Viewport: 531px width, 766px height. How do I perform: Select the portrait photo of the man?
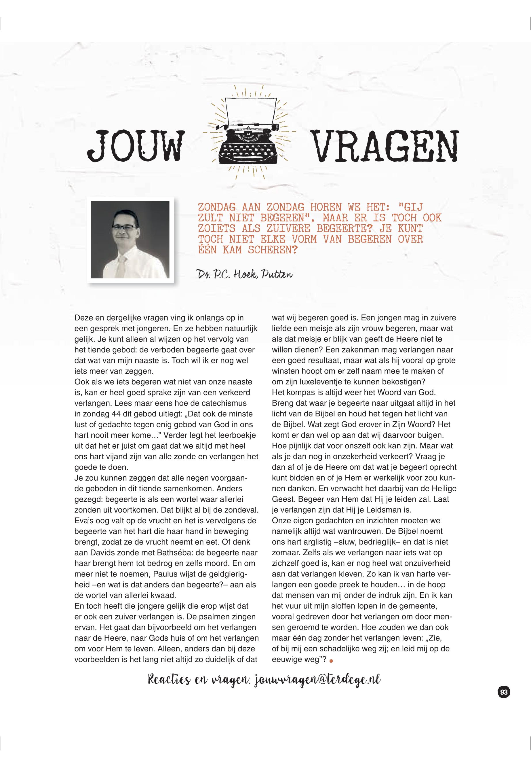[130, 239]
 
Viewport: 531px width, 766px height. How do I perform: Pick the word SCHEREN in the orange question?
[273, 250]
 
